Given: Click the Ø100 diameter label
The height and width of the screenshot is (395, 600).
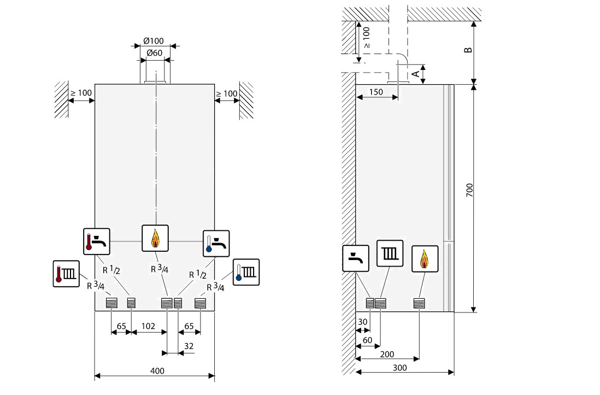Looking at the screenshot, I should click(154, 42).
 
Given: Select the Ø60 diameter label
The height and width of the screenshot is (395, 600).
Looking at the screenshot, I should click(154, 53).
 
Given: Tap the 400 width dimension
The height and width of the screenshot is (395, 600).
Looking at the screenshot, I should click(157, 371).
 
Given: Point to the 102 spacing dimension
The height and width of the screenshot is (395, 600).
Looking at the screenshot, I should click(148, 326).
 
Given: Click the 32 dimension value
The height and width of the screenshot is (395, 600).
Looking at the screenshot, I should click(189, 346).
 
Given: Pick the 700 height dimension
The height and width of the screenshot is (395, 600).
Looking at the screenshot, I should click(469, 190).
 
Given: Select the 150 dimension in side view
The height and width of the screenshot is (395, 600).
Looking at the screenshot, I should click(375, 92).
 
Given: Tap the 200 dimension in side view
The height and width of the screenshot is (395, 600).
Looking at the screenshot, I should click(386, 354).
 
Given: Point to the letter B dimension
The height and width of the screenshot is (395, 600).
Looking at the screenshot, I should click(468, 51).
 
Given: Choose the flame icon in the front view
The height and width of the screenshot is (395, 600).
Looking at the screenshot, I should click(155, 238).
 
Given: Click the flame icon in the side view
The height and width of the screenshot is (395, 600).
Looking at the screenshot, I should click(425, 259).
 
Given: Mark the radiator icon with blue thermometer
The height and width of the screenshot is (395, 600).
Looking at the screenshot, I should click(246, 272).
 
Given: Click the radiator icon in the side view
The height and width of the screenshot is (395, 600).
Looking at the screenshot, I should click(390, 253).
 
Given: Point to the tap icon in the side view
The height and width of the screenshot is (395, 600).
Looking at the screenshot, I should click(356, 259).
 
